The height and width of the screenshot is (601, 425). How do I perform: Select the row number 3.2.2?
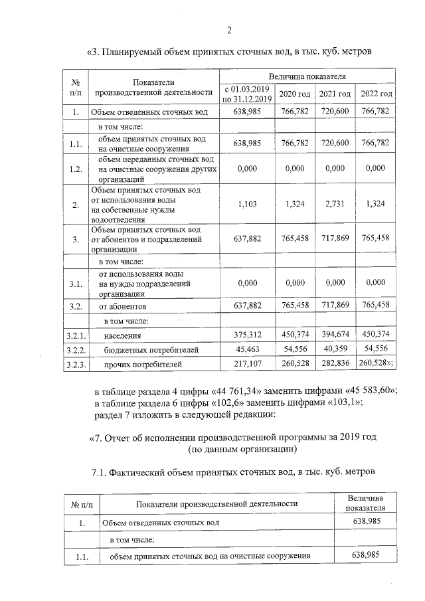(77, 349)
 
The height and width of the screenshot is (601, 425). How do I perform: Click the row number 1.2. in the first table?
(76, 169)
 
